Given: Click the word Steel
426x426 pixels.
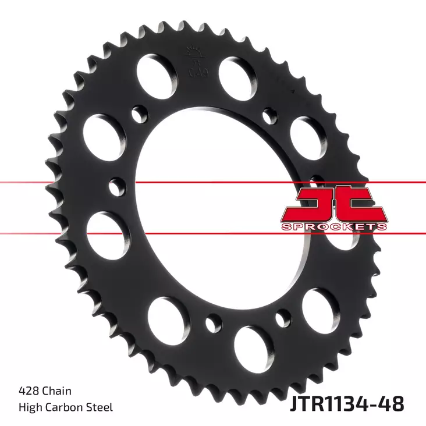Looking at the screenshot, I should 100,407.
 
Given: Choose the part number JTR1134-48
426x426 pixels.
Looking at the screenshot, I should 347,402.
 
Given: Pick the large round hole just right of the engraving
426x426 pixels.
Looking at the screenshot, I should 237,74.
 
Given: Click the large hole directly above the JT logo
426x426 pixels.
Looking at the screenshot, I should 307,134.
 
